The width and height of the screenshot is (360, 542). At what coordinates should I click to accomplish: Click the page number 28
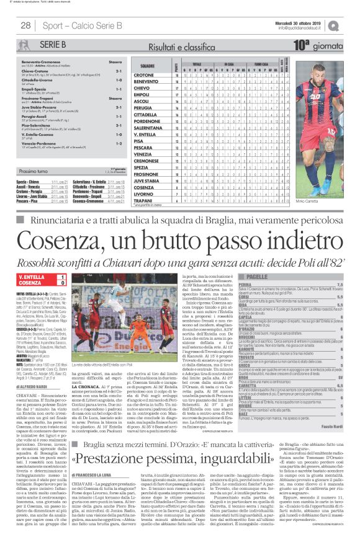click(26, 25)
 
